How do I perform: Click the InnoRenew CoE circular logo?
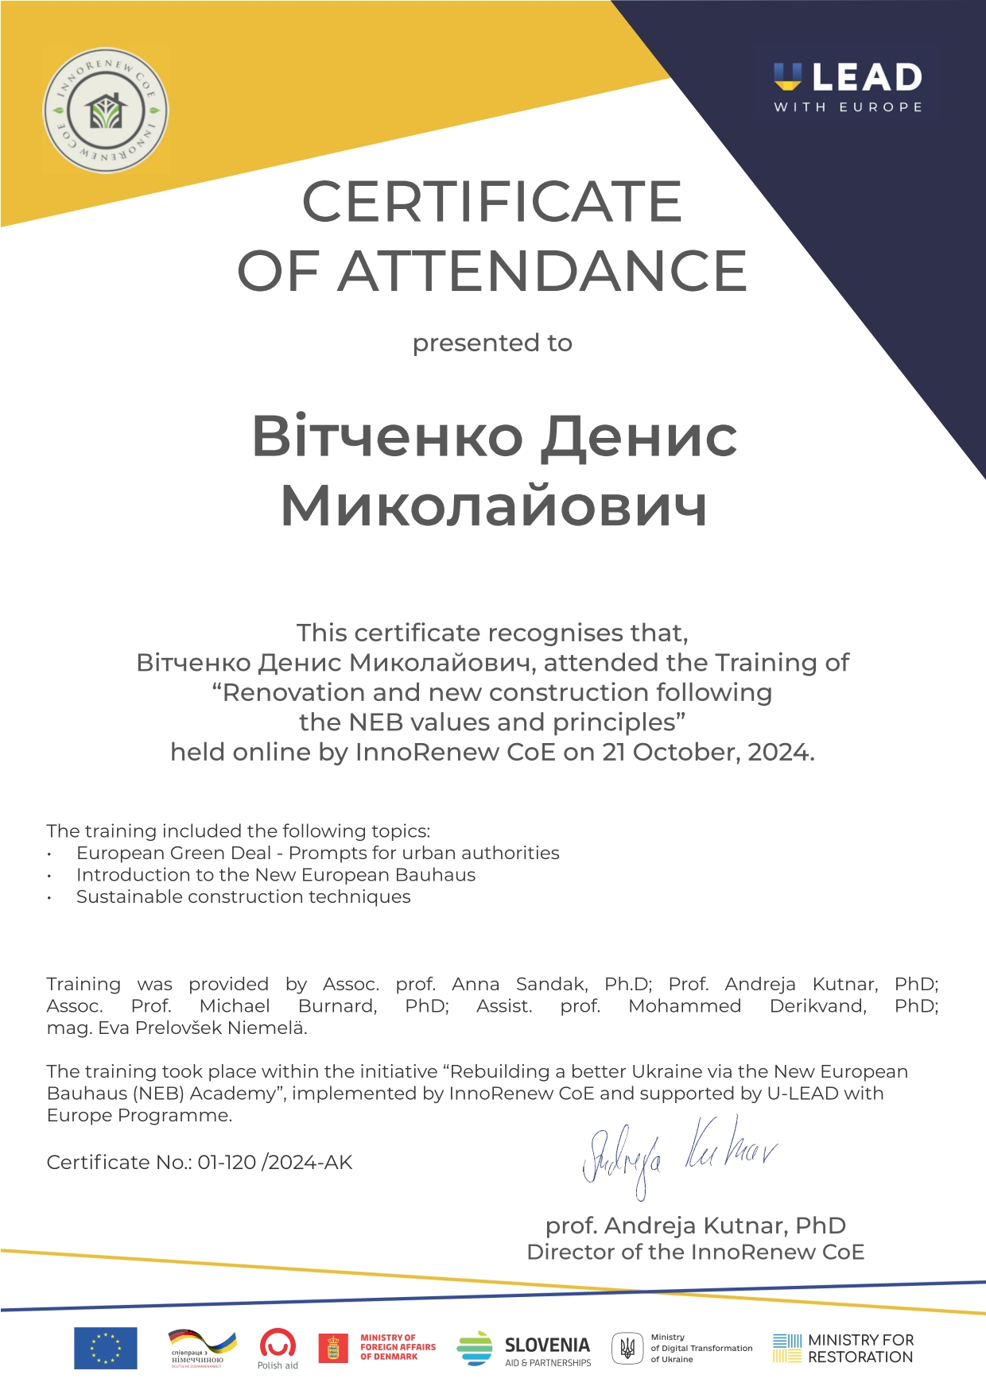(x=105, y=110)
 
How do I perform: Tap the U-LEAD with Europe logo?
(x=848, y=87)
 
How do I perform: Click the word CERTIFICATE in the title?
(x=491, y=202)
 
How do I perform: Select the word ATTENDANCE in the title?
(x=542, y=271)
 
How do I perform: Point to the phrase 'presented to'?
(x=492, y=343)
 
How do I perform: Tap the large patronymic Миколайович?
(x=494, y=506)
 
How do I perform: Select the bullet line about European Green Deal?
(x=317, y=853)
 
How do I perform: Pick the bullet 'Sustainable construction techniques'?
(x=243, y=896)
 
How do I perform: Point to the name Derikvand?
(x=817, y=1006)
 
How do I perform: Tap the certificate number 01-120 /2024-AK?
(x=275, y=1162)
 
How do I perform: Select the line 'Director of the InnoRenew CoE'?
(x=695, y=1252)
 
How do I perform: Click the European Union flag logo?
(x=106, y=1348)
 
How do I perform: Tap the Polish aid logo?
(x=278, y=1349)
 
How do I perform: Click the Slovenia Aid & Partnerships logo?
(x=524, y=1349)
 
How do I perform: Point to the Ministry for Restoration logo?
(x=843, y=1349)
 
